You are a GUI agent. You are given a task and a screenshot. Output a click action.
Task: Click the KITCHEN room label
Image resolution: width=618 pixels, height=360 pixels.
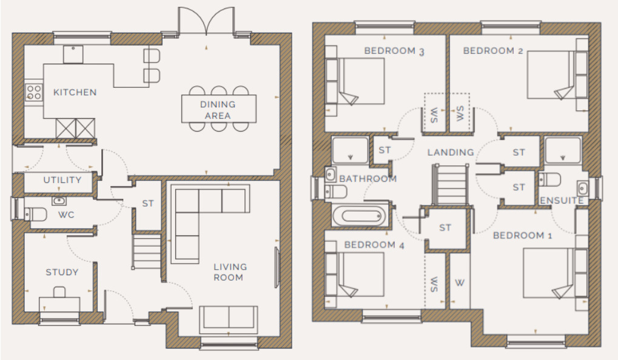pos(75,92)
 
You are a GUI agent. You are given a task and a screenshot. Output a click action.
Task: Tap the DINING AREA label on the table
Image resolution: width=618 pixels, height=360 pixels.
pos(218,110)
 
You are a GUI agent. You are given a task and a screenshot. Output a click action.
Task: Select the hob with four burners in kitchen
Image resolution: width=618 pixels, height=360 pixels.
pos(34,92)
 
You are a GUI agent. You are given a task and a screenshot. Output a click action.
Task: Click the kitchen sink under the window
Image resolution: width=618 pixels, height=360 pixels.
pos(73,55)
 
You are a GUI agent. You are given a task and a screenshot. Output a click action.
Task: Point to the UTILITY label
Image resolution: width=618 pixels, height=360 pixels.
pos(62,180)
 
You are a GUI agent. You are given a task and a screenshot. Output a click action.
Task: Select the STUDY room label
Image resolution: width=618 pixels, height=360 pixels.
pos(62,272)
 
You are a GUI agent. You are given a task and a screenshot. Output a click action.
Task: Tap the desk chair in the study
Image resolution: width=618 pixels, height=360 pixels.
pos(59,292)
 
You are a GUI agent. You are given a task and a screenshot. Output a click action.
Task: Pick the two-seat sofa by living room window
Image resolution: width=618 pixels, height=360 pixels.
pos(227,318)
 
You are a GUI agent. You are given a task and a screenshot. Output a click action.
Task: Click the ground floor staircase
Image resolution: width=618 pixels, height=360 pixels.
pos(146,252)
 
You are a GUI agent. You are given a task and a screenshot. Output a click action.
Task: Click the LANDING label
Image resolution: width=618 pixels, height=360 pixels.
pos(450,152)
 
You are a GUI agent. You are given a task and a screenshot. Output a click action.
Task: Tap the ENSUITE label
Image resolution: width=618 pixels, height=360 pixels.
pos(562,200)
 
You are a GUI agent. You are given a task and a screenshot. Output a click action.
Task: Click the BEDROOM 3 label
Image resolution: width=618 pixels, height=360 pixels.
pos(394,51)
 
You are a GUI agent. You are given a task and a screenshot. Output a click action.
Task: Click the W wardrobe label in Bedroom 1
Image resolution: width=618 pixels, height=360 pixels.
pos(460,282)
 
